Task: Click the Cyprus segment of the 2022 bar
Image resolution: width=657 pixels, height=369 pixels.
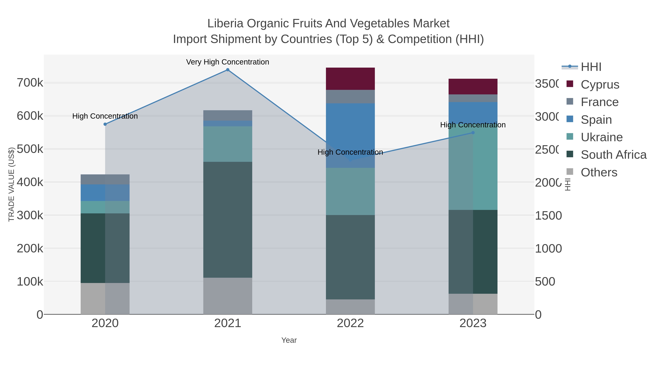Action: pos(350,79)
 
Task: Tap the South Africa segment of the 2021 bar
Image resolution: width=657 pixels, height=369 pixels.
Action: pos(228,220)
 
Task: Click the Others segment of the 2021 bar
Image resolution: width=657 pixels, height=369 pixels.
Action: pos(228,296)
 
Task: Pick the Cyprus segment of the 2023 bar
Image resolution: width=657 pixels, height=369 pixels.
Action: pos(473,87)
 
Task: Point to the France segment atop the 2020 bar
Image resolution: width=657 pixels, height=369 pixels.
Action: pos(105,179)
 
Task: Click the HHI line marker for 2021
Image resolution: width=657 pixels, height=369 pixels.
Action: pos(228,70)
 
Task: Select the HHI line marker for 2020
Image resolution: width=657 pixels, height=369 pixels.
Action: pos(105,124)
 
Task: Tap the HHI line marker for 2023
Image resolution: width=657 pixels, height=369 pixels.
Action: pos(473,133)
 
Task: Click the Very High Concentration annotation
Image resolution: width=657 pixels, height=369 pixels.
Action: pos(228,62)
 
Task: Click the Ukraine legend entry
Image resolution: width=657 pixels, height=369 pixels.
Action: pos(601,137)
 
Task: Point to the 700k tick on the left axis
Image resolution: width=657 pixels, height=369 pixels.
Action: pos(30,83)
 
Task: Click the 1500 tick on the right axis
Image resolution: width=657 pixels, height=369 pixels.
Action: pos(548,215)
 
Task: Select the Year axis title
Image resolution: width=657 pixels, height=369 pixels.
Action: pos(289,340)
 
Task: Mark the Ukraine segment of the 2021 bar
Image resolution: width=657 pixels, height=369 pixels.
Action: pos(228,144)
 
